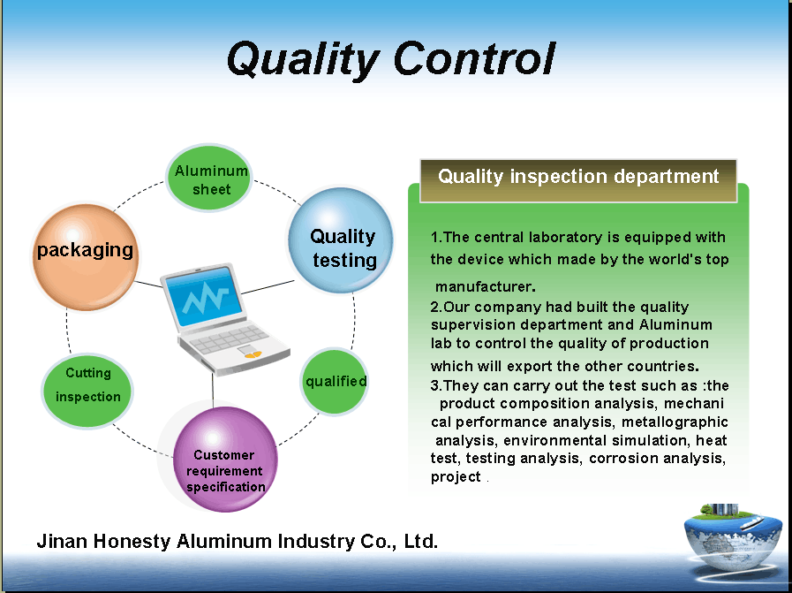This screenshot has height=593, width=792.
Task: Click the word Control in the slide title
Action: click(474, 58)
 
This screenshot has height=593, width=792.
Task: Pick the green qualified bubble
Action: click(336, 382)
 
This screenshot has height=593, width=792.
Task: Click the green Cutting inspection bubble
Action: click(87, 385)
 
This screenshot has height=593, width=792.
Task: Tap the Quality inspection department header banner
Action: click(578, 177)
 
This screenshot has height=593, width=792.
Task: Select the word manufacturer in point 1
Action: click(484, 286)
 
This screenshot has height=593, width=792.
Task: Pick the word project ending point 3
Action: click(456, 476)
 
